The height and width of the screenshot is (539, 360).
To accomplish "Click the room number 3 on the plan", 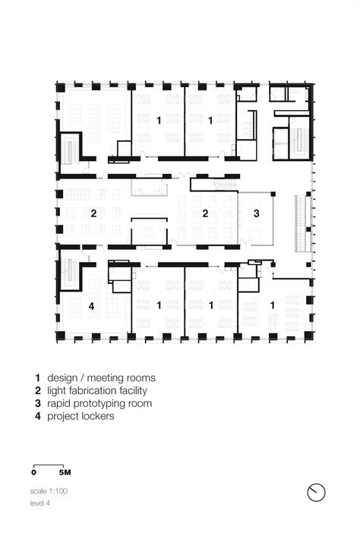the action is (x=256, y=213).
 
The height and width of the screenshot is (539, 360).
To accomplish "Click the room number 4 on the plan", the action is (x=91, y=306).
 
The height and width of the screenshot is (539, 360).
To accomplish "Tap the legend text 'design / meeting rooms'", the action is (x=102, y=378).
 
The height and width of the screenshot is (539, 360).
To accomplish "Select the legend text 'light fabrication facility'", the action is (x=97, y=390).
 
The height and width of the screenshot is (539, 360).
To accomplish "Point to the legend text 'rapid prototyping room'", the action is (x=99, y=403).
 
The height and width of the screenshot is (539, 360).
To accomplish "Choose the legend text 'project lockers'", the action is (x=81, y=416).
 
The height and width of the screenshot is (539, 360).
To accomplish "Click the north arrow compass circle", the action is (x=316, y=492).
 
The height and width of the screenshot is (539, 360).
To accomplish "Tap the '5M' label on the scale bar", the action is (x=65, y=472).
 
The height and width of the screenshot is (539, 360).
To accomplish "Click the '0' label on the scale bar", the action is (x=33, y=472).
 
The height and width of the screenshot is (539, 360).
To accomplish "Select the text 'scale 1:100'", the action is (x=49, y=491).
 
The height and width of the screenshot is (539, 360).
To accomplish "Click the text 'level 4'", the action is (x=40, y=503).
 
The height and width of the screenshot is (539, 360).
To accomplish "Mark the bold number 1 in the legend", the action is (x=38, y=378).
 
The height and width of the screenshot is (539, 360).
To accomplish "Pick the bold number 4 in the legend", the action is (x=38, y=416).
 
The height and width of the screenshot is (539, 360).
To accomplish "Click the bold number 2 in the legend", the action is (x=38, y=390).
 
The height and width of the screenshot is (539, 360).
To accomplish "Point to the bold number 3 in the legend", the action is (x=38, y=403).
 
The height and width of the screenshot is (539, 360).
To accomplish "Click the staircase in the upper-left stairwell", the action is (x=70, y=151).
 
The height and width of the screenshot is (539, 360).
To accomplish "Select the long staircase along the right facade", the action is (x=302, y=224).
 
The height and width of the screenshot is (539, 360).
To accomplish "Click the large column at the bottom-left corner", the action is (x=61, y=336).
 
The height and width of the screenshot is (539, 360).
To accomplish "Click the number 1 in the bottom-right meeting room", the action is (x=273, y=305).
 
